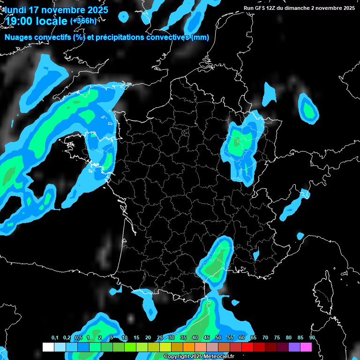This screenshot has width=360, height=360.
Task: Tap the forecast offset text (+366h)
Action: (x=83, y=21)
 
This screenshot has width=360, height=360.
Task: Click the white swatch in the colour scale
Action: (x=48, y=347)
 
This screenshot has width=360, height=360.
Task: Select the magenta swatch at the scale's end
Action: (x=306, y=347)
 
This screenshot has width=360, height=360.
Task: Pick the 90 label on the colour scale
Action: (x=312, y=338)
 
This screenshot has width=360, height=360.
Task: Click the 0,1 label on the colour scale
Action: (x=55, y=338)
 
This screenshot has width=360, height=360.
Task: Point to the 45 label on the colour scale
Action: (x=207, y=338)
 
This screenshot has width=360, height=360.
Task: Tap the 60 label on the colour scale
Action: (x=242, y=338)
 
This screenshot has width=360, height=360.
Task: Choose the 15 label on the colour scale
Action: (x=136, y=338)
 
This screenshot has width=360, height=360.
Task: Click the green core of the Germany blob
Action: (x=309, y=110)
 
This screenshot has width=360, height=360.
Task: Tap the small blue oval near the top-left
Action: (x=123, y=17)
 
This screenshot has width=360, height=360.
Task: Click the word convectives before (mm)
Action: (x=168, y=37)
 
